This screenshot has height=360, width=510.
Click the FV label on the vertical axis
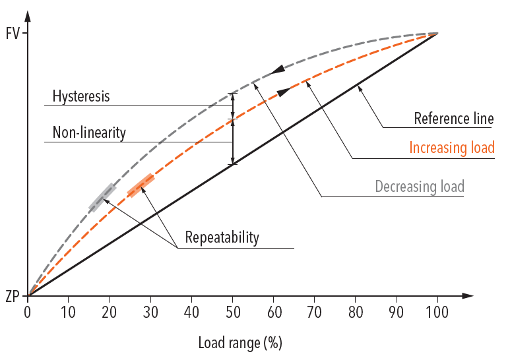coord(13,33)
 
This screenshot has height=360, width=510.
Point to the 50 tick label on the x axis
coord(232,311)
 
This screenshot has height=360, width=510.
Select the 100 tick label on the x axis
coord(437,311)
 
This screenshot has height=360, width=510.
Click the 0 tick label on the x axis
coord(28,311)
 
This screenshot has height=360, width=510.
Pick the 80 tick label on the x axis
coord(355,311)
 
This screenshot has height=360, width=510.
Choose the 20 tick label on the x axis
coord(110,311)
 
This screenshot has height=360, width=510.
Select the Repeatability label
coord(222,237)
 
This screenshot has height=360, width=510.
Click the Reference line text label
coord(453,119)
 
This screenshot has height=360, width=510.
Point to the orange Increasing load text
coord(451,148)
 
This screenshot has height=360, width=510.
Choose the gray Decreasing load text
coord(420,187)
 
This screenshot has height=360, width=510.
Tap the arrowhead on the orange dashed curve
coord(284,92)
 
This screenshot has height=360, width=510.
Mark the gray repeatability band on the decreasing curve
coord(102,198)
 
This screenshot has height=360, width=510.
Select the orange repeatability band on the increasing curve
coord(141,185)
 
